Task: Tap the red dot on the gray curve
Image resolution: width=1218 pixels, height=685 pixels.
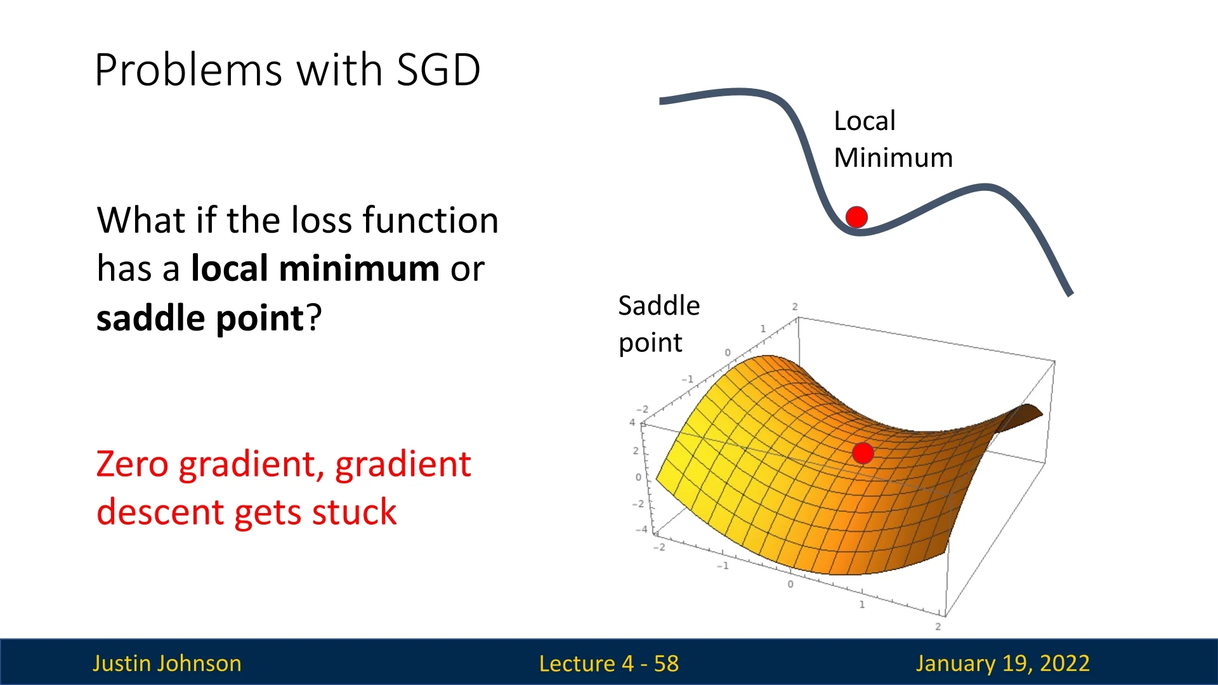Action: click(856, 217)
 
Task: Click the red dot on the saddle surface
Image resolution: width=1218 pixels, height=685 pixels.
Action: click(863, 453)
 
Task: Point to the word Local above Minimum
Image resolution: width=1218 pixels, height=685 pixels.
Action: click(864, 121)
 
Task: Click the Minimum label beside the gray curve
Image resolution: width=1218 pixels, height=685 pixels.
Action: click(893, 157)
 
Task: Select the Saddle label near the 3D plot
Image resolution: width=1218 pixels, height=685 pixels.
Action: click(659, 306)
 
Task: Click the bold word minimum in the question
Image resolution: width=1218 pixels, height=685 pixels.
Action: click(359, 268)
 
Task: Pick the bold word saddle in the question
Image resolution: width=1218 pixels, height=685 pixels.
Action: click(152, 318)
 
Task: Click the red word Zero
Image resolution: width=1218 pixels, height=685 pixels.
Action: click(132, 464)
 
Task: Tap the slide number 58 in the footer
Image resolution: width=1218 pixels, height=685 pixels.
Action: click(666, 663)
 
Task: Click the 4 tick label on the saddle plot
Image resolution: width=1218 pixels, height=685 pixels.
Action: click(632, 422)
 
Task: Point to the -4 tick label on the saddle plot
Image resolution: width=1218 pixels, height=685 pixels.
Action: click(642, 529)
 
